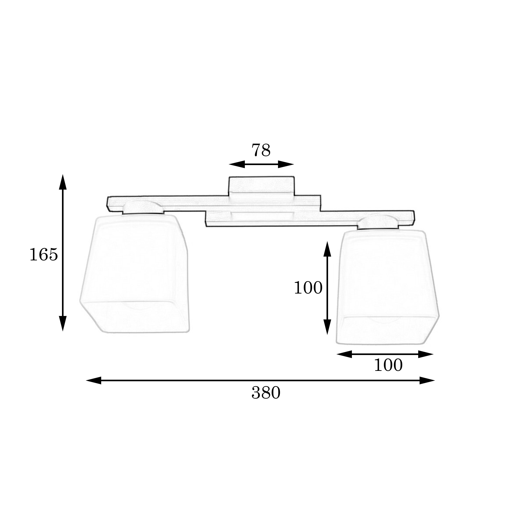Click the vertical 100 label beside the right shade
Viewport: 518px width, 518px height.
(x=308, y=288)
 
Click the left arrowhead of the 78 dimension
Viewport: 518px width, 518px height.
(x=237, y=164)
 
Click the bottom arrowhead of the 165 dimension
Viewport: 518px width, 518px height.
(x=63, y=324)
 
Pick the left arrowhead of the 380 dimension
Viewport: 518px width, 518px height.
(x=94, y=380)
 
